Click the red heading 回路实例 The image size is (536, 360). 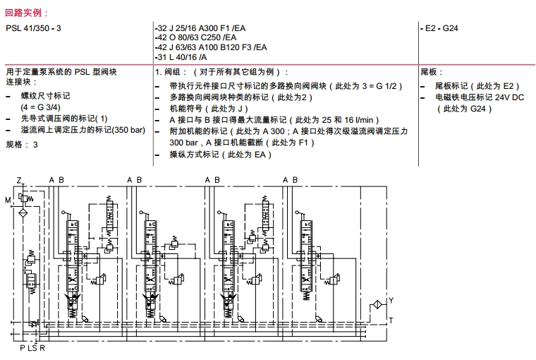tap(28, 13)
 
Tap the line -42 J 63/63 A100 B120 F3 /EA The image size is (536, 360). tap(211, 47)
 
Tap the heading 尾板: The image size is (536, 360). tap(432, 72)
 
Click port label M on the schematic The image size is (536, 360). tap(8, 200)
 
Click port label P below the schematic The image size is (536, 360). tap(22, 348)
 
